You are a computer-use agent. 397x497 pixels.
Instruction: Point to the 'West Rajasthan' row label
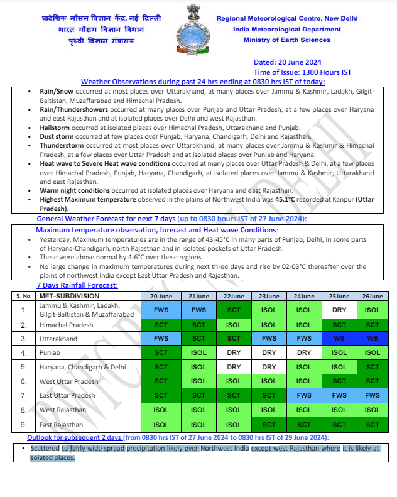tap(62, 410)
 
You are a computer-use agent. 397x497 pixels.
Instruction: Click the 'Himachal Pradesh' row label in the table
tap(66, 325)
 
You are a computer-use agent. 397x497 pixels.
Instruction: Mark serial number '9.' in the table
tap(23, 425)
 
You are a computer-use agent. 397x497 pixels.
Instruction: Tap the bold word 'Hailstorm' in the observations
tap(55, 128)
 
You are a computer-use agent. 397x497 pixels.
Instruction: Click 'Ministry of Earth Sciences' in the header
tap(287, 40)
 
